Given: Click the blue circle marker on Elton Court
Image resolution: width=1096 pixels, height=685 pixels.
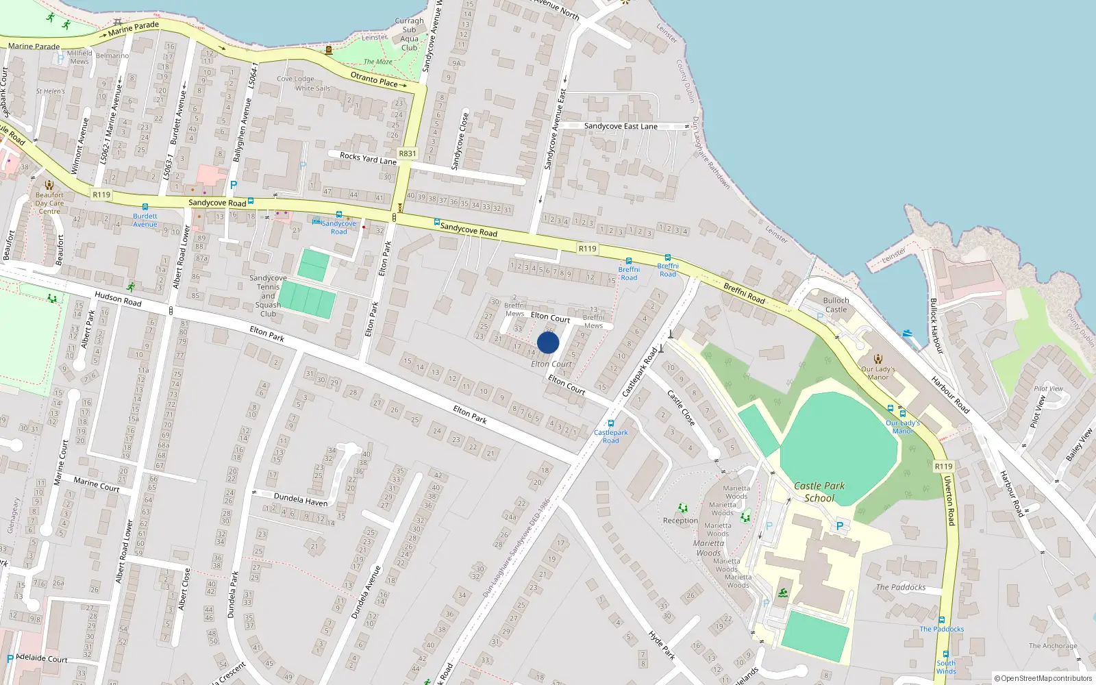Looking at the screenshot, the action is [548, 342].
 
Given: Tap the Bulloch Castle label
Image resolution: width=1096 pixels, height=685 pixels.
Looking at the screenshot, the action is [836, 305].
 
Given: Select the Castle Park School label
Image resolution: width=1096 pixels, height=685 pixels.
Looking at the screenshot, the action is [819, 492].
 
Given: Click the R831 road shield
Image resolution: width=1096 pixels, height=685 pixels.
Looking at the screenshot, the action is [408, 153].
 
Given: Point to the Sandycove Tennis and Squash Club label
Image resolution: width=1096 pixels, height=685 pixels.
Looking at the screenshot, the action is [268, 296].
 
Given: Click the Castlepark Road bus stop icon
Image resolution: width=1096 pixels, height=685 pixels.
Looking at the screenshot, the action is [611, 423].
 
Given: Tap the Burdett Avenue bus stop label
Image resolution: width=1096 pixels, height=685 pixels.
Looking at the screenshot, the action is [145, 220].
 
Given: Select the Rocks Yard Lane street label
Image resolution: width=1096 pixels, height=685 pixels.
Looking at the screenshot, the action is [368, 158].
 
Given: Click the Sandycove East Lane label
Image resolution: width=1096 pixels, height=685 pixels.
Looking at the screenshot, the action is [621, 126].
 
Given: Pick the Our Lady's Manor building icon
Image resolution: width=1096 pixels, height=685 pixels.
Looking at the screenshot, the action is [878, 358].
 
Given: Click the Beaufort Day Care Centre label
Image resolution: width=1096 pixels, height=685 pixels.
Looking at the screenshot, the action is [49, 203].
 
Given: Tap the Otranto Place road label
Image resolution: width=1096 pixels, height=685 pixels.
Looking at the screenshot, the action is [375, 79].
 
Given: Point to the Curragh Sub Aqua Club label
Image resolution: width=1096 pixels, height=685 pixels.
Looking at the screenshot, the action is [410, 34].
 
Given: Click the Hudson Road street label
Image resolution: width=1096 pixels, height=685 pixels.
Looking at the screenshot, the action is [118, 298].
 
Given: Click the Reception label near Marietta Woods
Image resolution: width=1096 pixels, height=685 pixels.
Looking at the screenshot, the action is [680, 521].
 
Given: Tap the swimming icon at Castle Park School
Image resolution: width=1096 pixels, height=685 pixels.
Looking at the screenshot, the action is [782, 593].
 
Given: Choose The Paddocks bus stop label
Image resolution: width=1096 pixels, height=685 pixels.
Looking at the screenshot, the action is [941, 629].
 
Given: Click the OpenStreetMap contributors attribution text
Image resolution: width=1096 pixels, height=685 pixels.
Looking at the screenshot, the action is [1043, 679].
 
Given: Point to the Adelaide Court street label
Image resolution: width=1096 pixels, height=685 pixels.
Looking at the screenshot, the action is [41, 658].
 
